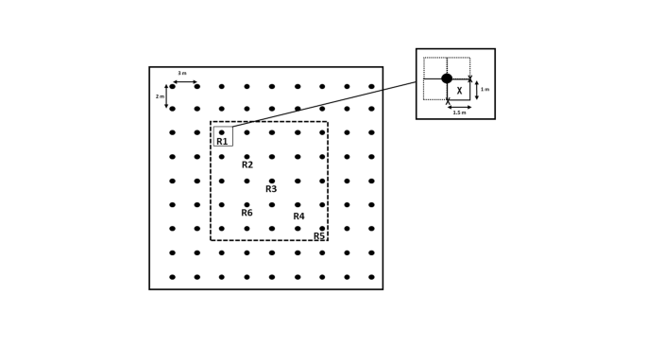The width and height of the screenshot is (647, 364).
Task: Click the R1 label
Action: (222, 142)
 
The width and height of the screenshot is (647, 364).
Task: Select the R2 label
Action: (247, 165)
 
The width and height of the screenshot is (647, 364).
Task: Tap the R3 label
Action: (271, 189)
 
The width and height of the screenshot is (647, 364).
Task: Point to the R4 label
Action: (298, 217)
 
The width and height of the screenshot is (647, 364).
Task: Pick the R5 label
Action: (319, 236)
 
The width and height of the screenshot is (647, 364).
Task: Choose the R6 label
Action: (247, 213)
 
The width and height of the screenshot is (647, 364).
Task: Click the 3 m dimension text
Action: (182, 74)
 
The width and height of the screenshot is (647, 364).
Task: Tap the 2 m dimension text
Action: (160, 96)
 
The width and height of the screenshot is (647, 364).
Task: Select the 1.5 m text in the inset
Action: (459, 113)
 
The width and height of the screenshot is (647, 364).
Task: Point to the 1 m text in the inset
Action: (485, 90)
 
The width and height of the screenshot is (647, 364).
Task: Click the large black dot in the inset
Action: (447, 78)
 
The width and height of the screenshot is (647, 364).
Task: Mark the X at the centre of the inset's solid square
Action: (459, 91)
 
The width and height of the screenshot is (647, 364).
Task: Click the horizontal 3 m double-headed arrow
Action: (184, 82)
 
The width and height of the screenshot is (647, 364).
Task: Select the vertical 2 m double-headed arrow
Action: (166, 96)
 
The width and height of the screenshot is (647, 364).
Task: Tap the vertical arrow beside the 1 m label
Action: (477, 90)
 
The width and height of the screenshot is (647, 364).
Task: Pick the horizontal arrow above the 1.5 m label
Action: (459, 107)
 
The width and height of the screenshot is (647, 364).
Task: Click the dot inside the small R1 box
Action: (222, 132)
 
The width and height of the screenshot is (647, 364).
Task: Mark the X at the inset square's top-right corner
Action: (470, 78)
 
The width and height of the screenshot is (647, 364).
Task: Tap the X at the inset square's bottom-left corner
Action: (448, 101)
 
